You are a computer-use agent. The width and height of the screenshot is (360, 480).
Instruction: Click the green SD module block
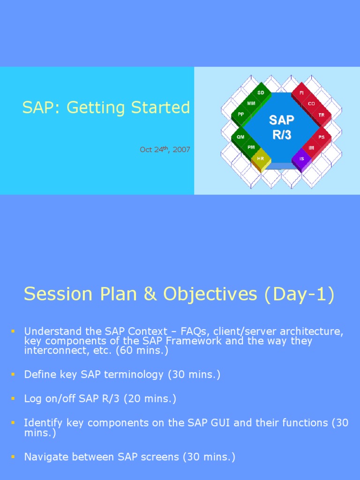coord(261,93)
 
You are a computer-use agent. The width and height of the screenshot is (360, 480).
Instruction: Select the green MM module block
coord(251,103)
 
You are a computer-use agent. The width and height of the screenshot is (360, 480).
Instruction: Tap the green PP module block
coord(241,114)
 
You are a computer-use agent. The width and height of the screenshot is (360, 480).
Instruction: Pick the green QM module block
coord(240,137)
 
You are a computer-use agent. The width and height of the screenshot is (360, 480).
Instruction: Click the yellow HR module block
coord(261,159)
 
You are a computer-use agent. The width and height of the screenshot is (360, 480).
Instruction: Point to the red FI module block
coord(301,93)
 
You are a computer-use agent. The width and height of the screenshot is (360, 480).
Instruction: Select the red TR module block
coord(322,115)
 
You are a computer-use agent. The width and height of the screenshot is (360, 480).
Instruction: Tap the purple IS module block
coord(301,159)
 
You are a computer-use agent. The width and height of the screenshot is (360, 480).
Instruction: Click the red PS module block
coord(322,137)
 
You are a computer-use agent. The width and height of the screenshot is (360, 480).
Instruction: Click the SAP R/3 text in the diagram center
coord(281,126)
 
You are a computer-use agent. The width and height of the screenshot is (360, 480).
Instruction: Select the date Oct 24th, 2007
coord(165,150)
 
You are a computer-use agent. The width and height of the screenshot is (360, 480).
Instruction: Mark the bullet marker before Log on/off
coord(13,399)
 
